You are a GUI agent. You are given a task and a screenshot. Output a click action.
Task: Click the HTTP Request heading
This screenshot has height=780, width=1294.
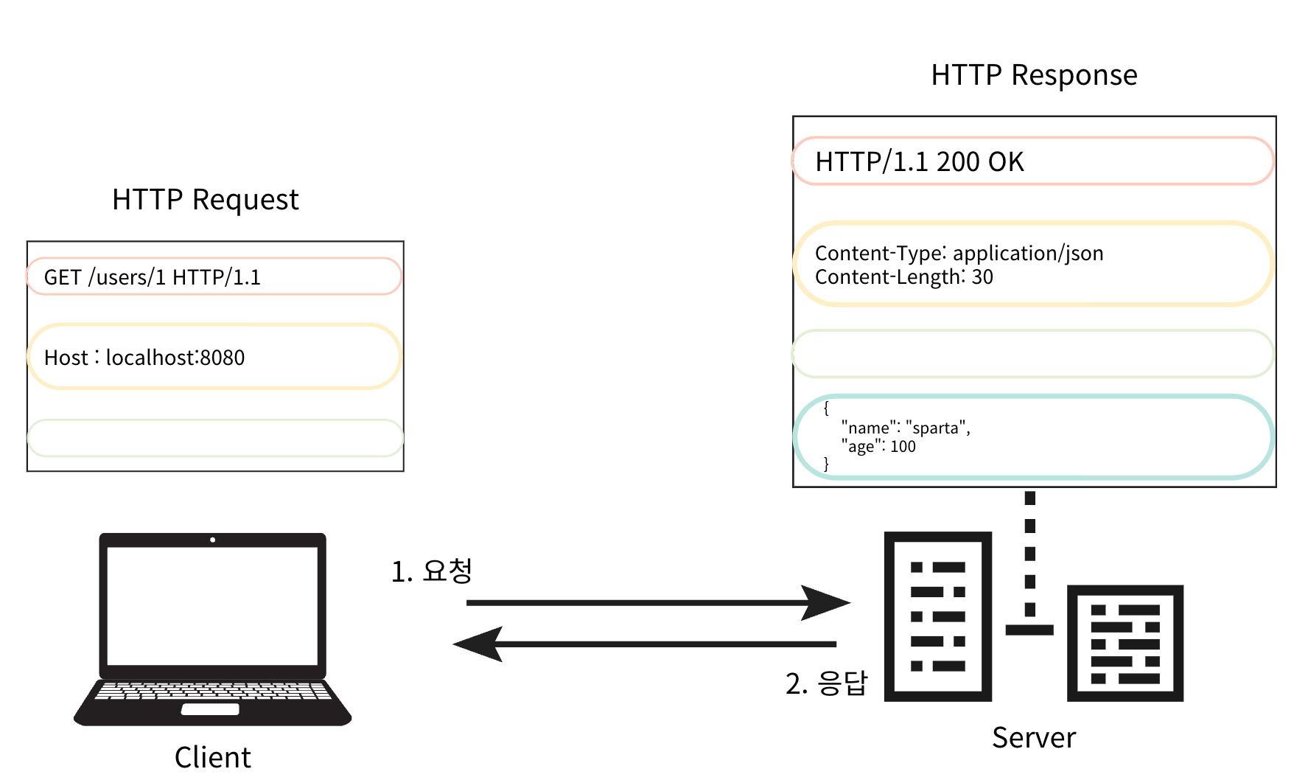pos(205,200)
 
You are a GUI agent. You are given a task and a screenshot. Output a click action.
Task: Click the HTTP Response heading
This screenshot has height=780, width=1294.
pos(1033,75)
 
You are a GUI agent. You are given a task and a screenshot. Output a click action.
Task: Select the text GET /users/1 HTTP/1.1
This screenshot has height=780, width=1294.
pos(152,277)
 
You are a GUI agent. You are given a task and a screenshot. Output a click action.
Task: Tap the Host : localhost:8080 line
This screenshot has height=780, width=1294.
pos(144,358)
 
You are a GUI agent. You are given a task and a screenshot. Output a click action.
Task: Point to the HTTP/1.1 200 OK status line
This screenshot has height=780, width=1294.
pos(919,161)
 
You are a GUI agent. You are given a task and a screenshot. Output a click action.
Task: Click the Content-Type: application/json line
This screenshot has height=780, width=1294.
pos(959,253)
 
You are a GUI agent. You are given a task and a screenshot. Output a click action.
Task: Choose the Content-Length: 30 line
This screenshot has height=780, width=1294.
pos(903,277)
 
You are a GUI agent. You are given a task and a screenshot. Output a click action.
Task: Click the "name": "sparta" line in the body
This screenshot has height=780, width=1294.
pos(905,428)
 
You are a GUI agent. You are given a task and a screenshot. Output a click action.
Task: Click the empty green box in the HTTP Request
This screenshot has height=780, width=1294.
pos(214,438)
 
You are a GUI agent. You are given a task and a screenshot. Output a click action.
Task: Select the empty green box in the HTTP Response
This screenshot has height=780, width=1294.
pos(1032,354)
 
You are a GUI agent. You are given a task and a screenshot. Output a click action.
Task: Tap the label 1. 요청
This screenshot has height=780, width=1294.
pos(431,571)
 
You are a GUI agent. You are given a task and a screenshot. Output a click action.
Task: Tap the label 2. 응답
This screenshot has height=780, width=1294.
pos(826,683)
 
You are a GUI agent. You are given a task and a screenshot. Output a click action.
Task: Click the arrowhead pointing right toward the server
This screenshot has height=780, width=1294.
pos(827,603)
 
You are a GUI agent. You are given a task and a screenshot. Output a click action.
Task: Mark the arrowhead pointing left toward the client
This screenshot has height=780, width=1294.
pos(478,644)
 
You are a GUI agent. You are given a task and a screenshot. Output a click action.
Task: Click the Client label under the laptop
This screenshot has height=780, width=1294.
pos(212,757)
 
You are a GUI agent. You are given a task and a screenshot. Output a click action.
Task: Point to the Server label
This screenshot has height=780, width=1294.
pos(1033,737)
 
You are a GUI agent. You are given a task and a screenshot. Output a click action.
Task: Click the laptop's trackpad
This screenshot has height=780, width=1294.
pos(210,709)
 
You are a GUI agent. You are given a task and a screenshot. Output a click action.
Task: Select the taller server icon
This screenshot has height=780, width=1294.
pos(937,616)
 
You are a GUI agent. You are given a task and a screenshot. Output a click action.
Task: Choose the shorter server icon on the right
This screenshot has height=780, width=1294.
pos(1125,643)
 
